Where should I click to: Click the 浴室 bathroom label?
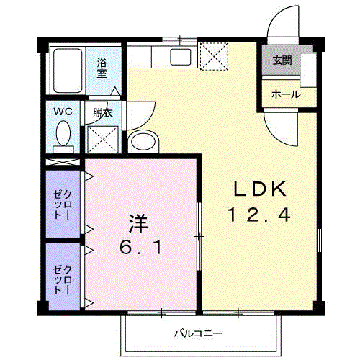[103, 67]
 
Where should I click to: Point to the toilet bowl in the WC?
[63, 134]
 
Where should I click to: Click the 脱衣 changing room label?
[104, 113]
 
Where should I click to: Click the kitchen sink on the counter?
[179, 57]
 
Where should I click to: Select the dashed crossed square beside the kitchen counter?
[213, 58]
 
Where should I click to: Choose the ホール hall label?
[286, 94]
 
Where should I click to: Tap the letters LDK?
[260, 189]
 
